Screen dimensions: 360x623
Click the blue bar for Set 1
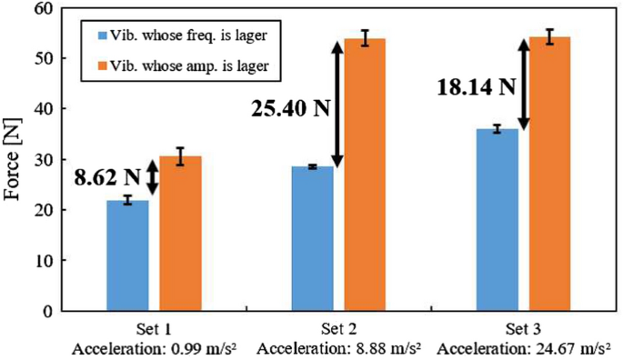127,255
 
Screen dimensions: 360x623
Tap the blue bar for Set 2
312,238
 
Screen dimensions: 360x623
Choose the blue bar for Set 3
497,220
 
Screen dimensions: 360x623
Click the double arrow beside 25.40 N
337,105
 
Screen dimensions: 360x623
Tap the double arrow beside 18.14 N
523,85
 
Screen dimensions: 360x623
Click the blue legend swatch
103,35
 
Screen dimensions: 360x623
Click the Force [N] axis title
15,159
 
